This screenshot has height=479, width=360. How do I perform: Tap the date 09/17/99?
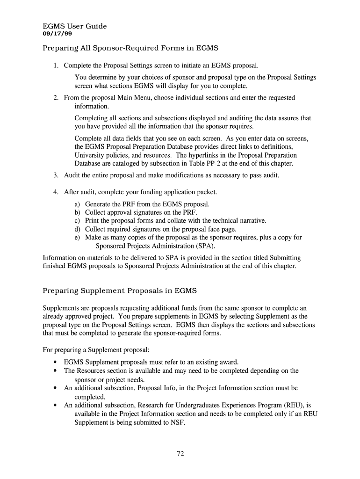[x=58, y=34]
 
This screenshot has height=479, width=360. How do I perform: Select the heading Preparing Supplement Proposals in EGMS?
[x=120, y=291]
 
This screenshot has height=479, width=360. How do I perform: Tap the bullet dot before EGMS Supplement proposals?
[x=56, y=363]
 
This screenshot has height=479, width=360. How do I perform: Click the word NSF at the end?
[x=177, y=422]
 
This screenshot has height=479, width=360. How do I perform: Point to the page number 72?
[x=180, y=453]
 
